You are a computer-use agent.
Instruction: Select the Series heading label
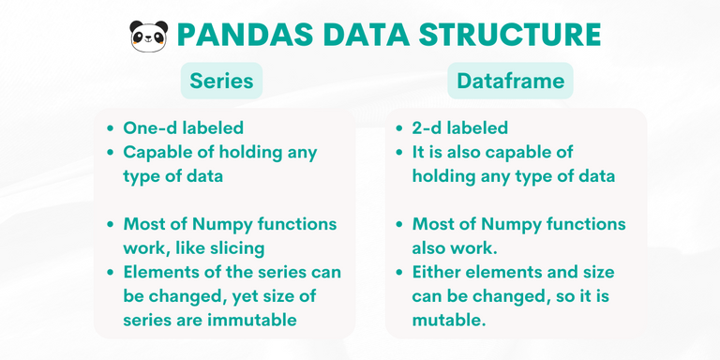click(221, 81)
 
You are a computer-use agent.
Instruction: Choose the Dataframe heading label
click(510, 81)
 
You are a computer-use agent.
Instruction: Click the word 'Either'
click(438, 272)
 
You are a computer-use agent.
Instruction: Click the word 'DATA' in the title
click(365, 35)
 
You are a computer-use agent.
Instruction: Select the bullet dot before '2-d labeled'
click(401, 128)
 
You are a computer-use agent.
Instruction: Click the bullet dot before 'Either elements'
click(401, 272)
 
